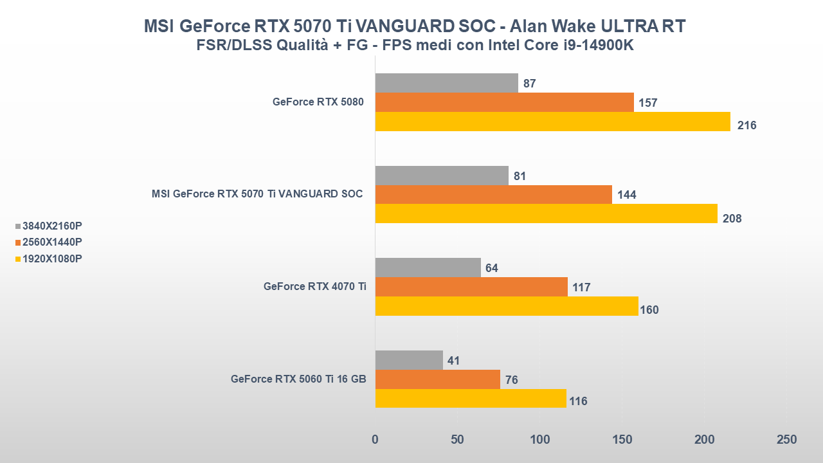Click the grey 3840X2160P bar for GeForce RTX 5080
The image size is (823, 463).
pos(446,83)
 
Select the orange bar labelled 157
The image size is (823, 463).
pos(504,102)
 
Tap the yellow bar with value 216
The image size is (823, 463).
pos(552,122)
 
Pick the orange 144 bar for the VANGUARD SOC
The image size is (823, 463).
pos(493,194)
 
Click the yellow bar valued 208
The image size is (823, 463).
pos(546,213)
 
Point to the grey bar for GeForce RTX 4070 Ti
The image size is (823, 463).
pos(428,268)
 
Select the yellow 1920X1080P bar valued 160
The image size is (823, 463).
pos(506,306)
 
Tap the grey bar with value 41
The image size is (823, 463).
pos(409,360)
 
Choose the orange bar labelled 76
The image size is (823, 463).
pos(437,379)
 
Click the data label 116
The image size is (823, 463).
pos(578,401)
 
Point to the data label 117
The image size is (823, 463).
pos(581,287)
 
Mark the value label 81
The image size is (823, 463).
pos(520,176)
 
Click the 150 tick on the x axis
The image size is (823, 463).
pos(622,440)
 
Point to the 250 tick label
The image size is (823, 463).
pos(786,440)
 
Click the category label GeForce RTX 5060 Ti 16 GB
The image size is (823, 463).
pos(298,379)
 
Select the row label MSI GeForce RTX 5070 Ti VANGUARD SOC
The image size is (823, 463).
pos(257,194)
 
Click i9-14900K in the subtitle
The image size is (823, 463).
pos(591,46)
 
